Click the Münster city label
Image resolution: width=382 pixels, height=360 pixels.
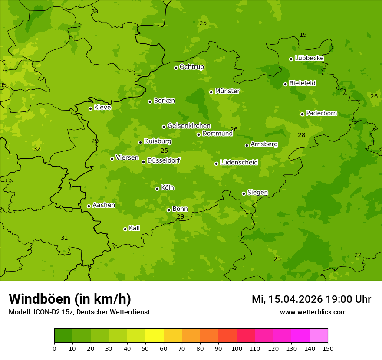(x=227, y=91)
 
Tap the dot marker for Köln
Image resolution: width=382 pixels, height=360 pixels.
(x=157, y=189)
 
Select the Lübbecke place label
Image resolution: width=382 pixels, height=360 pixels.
(x=309, y=58)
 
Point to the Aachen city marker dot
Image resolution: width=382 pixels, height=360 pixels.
(x=89, y=206)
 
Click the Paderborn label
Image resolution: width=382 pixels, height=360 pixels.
(x=321, y=113)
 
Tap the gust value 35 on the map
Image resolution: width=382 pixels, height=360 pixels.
(x=3, y=85)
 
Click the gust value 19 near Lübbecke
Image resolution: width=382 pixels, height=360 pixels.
(x=303, y=35)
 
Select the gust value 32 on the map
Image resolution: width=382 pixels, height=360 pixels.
(x=37, y=149)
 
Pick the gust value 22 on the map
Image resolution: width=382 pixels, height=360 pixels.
(x=358, y=255)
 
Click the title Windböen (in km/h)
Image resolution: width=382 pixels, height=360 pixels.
(x=70, y=299)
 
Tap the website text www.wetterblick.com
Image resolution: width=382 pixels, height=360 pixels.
(x=313, y=312)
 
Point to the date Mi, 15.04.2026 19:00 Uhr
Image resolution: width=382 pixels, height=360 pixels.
(x=311, y=299)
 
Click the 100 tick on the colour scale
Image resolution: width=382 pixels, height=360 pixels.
(x=237, y=348)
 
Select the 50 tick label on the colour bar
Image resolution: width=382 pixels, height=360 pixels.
(x=145, y=348)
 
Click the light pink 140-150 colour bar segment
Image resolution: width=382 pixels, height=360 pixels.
(x=319, y=336)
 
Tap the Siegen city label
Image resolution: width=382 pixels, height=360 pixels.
(x=257, y=193)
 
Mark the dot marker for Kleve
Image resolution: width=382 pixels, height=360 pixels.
(x=90, y=108)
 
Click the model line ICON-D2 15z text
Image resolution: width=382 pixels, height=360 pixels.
(x=79, y=312)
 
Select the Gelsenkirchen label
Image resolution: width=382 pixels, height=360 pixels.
(x=189, y=126)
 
